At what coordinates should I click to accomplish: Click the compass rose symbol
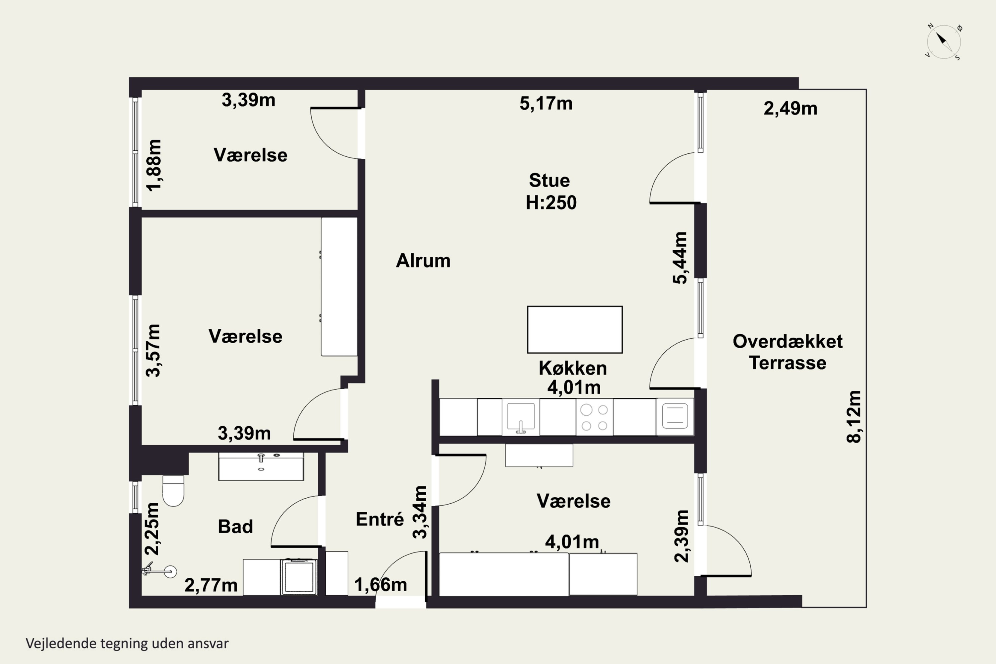pos(944,42)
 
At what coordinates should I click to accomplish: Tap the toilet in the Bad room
pos(173,491)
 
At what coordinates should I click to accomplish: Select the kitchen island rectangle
pos(575,329)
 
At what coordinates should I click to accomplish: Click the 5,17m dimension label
pos(546,103)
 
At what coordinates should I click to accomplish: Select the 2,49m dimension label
pos(790,109)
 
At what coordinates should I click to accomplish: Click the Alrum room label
pos(423,260)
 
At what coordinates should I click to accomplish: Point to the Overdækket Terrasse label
pos(788,352)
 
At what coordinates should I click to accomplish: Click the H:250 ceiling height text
pos(551,203)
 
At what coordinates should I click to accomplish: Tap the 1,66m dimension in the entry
pos(381,585)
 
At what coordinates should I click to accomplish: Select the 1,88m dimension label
pos(154,165)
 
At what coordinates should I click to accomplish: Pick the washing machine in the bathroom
pos(299,576)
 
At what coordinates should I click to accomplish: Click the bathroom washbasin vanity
pos(261,466)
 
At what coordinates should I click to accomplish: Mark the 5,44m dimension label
pos(680,258)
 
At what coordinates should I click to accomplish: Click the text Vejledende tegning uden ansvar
pos(127,643)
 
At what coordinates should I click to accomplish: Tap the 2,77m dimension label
pos(211,585)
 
